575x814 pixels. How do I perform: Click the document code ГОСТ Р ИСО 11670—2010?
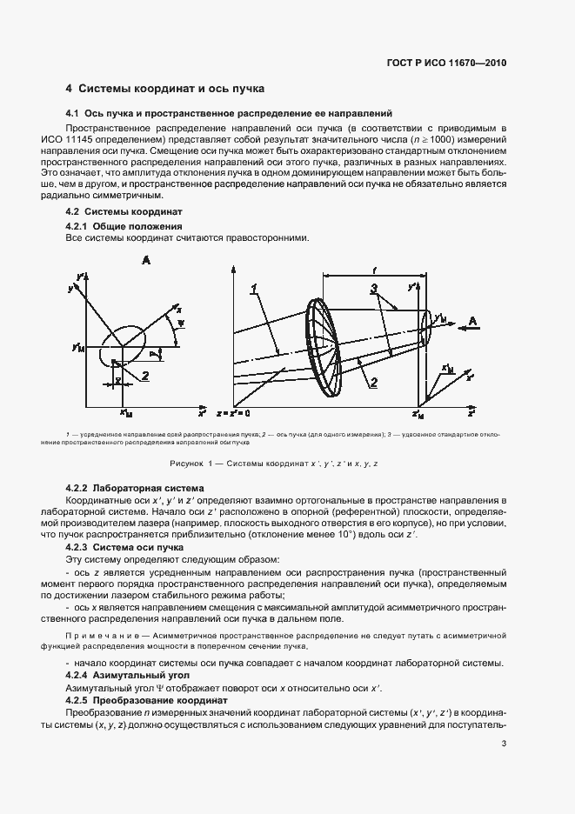coord(447,63)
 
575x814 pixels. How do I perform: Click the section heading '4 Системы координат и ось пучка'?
coord(164,89)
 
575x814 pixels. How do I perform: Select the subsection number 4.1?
coord(72,113)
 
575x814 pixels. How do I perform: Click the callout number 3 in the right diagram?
coord(373,288)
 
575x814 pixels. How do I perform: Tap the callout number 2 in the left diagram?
coord(146,375)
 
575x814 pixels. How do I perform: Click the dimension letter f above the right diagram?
coord(374,270)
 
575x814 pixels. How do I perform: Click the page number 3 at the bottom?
coord(504,743)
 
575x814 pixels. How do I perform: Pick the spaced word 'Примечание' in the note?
coord(97,637)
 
